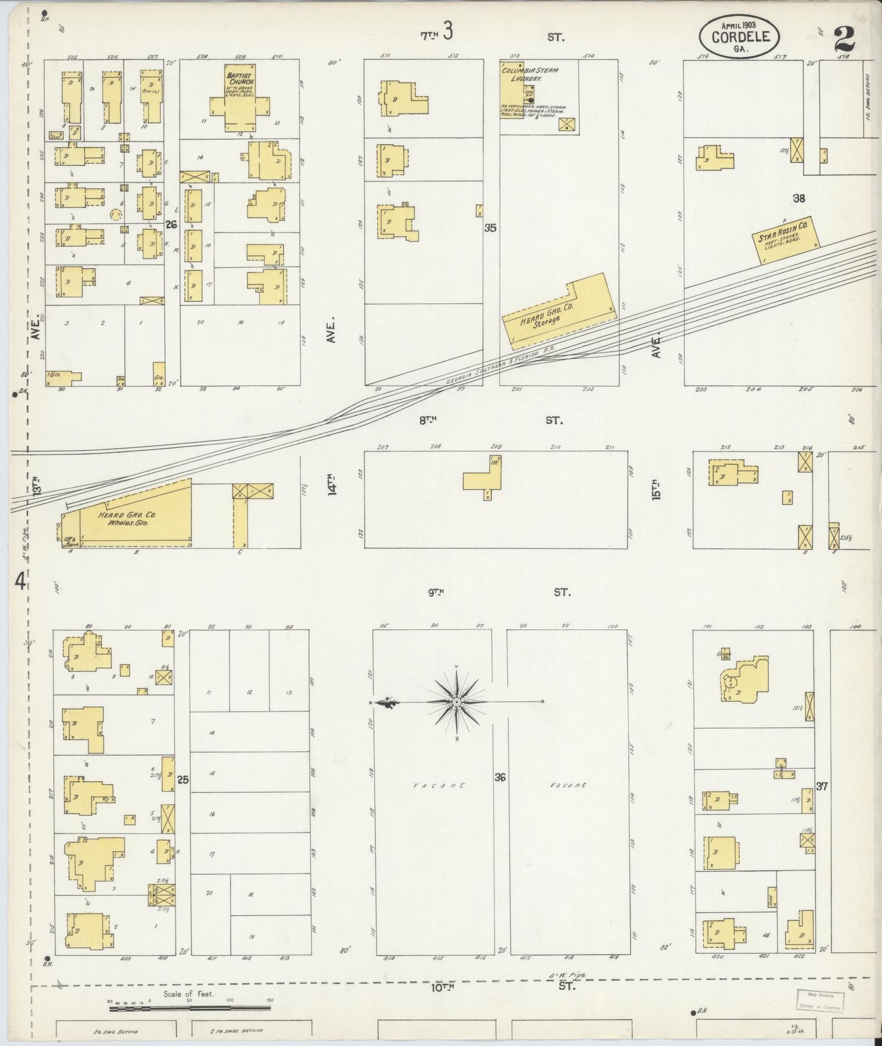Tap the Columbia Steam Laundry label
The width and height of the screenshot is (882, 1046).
(529, 74)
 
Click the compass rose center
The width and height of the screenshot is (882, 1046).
(457, 702)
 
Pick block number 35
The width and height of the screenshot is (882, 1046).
(490, 228)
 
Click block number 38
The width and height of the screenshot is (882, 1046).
(799, 198)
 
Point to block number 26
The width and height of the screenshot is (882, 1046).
(172, 225)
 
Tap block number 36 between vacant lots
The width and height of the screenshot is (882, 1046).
(500, 777)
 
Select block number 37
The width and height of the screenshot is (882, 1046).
(822, 787)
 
